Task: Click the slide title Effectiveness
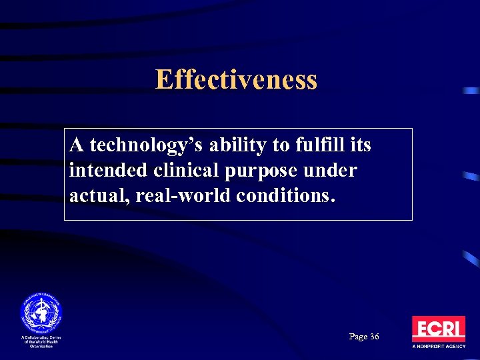coord(236,80)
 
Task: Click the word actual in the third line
coord(91,197)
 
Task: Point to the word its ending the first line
coord(361,144)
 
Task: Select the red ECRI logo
coord(438,329)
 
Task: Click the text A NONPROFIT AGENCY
coord(438,347)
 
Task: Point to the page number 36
coord(373,337)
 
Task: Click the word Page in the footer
coord(357,337)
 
